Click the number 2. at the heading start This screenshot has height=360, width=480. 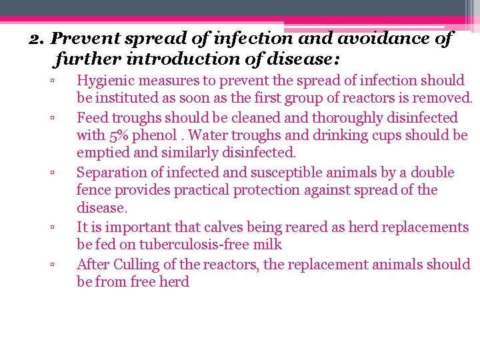coord(39,39)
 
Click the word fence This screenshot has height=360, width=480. coord(93,190)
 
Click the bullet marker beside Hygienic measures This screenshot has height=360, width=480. coord(51,81)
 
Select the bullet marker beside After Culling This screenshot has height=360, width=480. coord(51,265)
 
